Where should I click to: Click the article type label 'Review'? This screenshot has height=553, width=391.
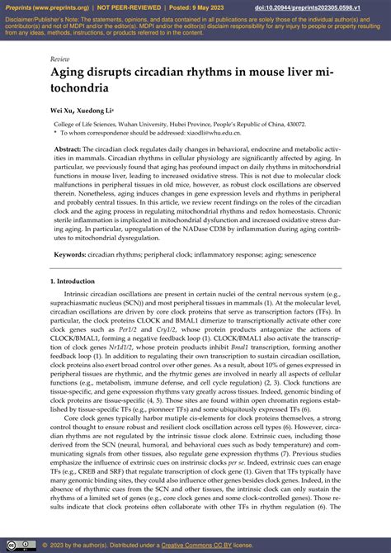[x=59, y=59]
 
